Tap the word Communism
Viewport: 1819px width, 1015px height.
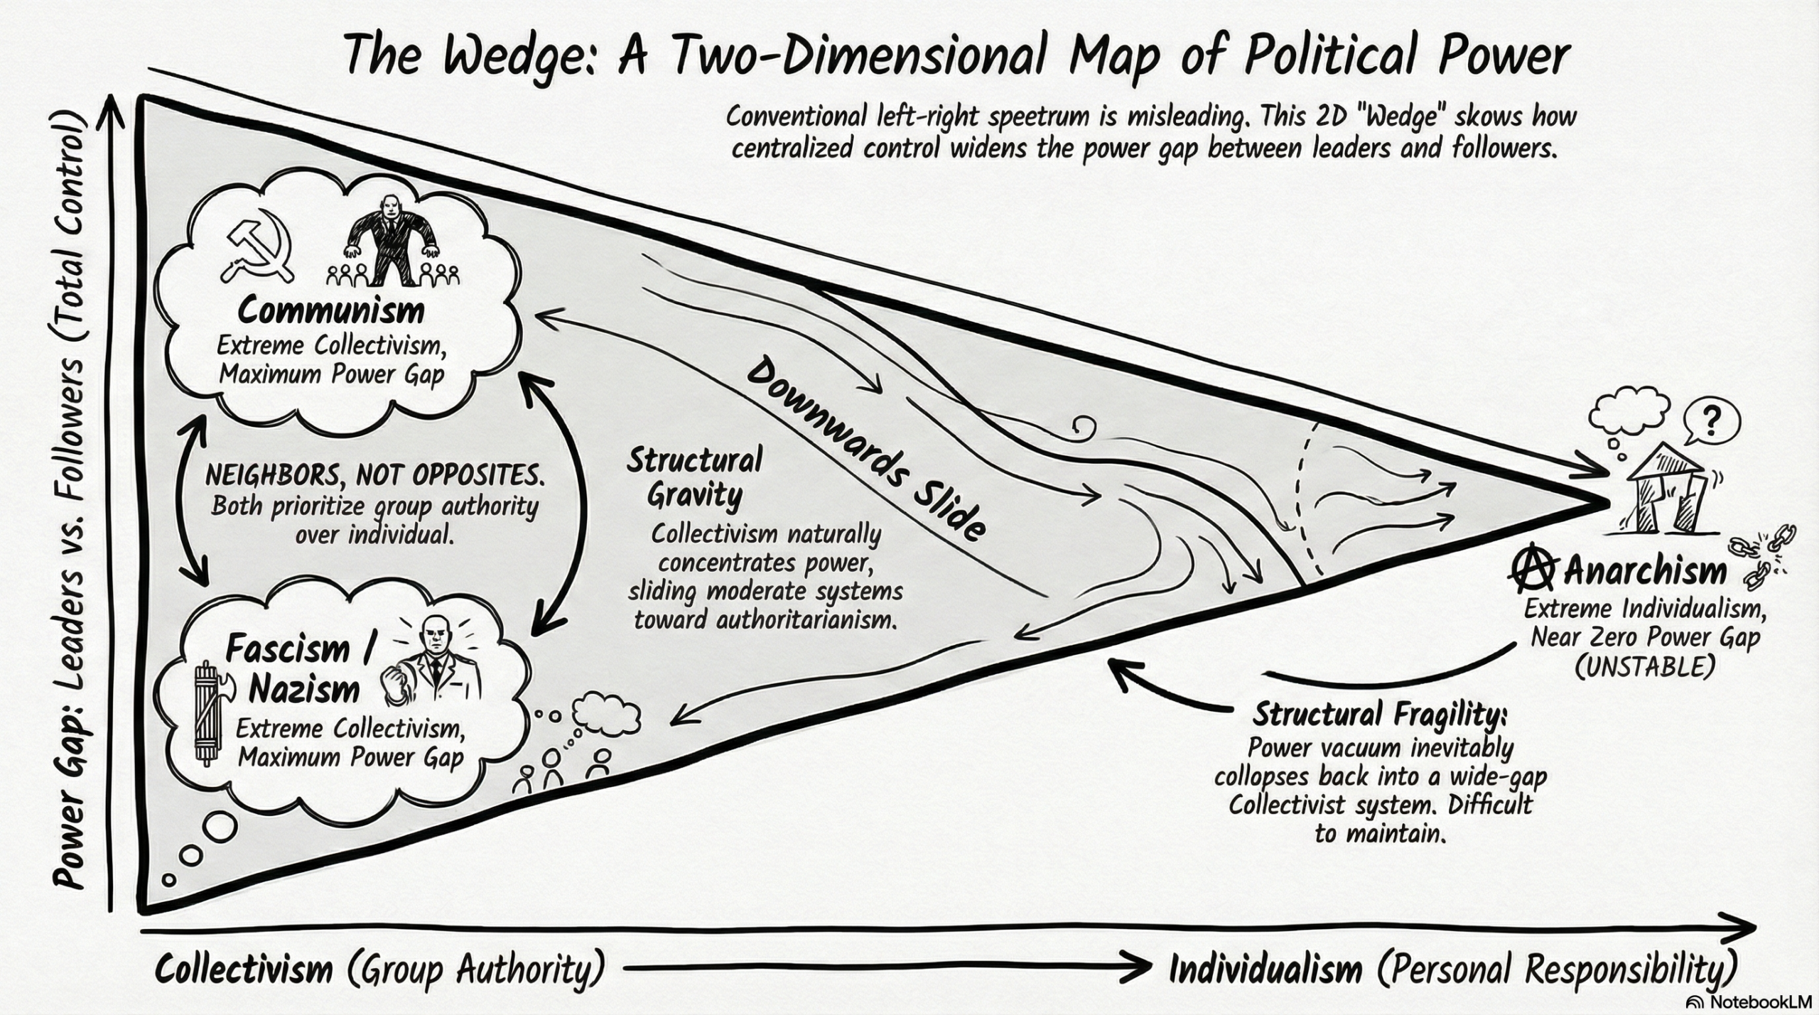coord(331,311)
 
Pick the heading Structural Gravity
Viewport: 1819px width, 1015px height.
coord(694,477)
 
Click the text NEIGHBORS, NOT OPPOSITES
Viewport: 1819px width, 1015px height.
coord(374,476)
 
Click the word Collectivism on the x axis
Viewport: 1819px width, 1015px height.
coord(244,969)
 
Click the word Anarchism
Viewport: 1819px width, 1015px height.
coord(1645,570)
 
